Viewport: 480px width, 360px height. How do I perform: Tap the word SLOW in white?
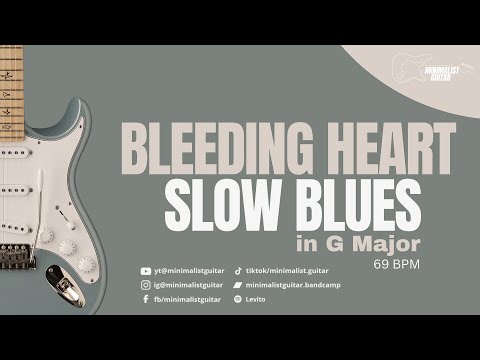tap(218, 204)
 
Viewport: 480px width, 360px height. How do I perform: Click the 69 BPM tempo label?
tap(396, 265)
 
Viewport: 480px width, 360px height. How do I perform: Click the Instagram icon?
tap(146, 285)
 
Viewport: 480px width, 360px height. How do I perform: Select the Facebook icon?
tap(146, 299)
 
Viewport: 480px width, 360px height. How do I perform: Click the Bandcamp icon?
tap(238, 285)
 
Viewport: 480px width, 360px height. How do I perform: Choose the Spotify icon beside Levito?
tap(238, 299)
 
